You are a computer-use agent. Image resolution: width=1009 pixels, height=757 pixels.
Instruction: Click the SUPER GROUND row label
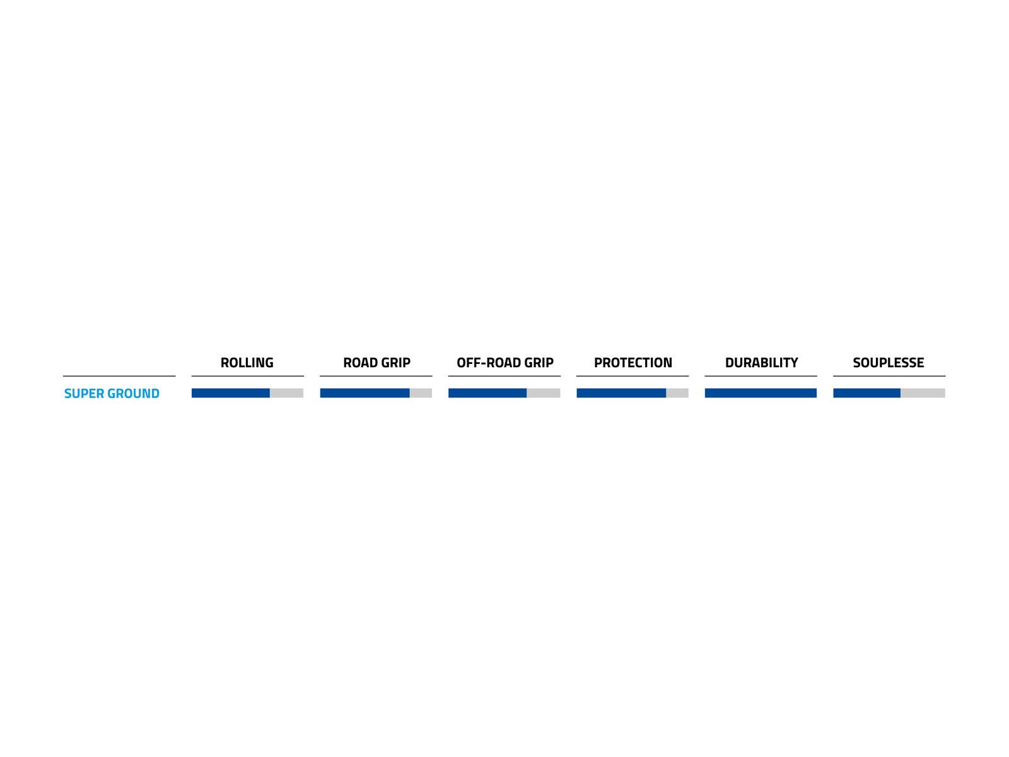[x=112, y=394]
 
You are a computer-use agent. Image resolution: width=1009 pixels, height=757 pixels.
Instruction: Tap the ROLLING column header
[x=247, y=363]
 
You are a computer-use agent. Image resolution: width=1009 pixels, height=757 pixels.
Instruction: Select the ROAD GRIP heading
[x=376, y=363]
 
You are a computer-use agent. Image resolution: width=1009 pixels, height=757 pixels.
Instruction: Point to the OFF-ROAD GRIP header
[x=504, y=363]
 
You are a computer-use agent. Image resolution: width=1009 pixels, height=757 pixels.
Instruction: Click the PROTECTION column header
[x=633, y=363]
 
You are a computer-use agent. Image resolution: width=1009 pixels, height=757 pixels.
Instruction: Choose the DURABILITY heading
[x=761, y=363]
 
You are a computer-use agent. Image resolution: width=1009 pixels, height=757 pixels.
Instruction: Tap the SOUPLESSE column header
[x=888, y=363]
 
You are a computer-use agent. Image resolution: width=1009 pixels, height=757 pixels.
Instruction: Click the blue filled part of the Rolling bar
[x=231, y=393]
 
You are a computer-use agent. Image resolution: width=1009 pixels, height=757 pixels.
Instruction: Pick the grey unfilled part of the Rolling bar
[x=287, y=393]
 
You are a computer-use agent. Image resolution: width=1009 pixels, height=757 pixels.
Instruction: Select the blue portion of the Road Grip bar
[x=365, y=393]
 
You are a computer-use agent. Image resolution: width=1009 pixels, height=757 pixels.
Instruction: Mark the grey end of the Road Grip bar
[x=421, y=393]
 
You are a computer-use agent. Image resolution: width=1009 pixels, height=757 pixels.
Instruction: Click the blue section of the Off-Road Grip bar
[x=487, y=393]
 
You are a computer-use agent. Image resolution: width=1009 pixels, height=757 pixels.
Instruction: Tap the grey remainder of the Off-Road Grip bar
[x=544, y=393]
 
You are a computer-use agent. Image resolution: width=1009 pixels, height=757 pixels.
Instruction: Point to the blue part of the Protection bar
[x=621, y=393]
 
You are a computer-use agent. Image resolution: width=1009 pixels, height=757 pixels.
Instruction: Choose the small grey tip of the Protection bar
[x=677, y=393]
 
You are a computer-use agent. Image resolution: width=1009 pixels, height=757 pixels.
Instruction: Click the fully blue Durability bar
[x=761, y=393]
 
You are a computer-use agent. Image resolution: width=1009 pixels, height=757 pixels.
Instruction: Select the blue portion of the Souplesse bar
[x=866, y=393]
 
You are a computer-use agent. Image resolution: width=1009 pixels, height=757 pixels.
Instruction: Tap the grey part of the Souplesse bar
[x=923, y=393]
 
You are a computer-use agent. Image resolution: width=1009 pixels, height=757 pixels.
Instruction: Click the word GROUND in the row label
[x=133, y=394]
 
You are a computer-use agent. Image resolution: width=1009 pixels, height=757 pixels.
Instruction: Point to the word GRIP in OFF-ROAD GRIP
[x=539, y=363]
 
